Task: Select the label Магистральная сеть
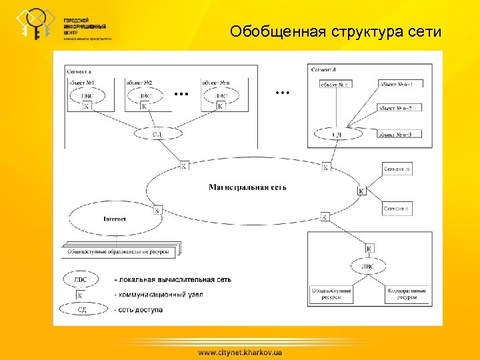pos(247,187)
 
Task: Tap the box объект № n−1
pos(401,84)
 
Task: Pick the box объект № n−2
pos(401,107)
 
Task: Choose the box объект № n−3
pos(401,135)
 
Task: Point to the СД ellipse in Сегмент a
pos(157,134)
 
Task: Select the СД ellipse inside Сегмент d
pos(337,135)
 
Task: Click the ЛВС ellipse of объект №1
pos(87,96)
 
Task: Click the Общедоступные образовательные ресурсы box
pos(120,252)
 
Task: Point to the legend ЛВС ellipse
pos(79,279)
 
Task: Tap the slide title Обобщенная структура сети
pos(335,31)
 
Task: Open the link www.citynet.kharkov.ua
pos(239,351)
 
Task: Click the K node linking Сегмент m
pos(361,191)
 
